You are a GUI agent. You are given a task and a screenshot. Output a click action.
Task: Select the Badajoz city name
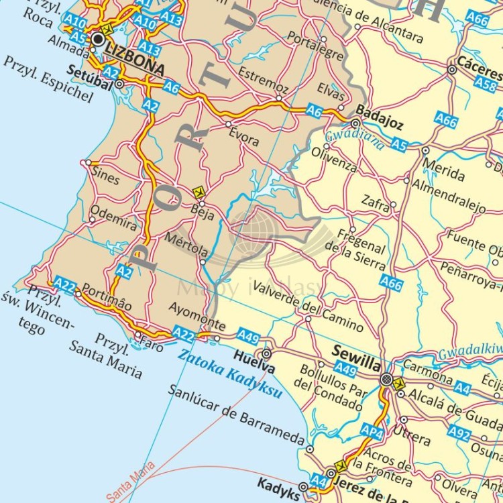tap(379, 111)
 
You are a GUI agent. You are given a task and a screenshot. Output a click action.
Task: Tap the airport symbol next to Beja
tap(198, 192)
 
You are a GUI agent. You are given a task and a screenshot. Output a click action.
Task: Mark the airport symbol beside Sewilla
tap(400, 384)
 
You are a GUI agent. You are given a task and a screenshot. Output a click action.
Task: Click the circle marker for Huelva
tap(266, 353)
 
